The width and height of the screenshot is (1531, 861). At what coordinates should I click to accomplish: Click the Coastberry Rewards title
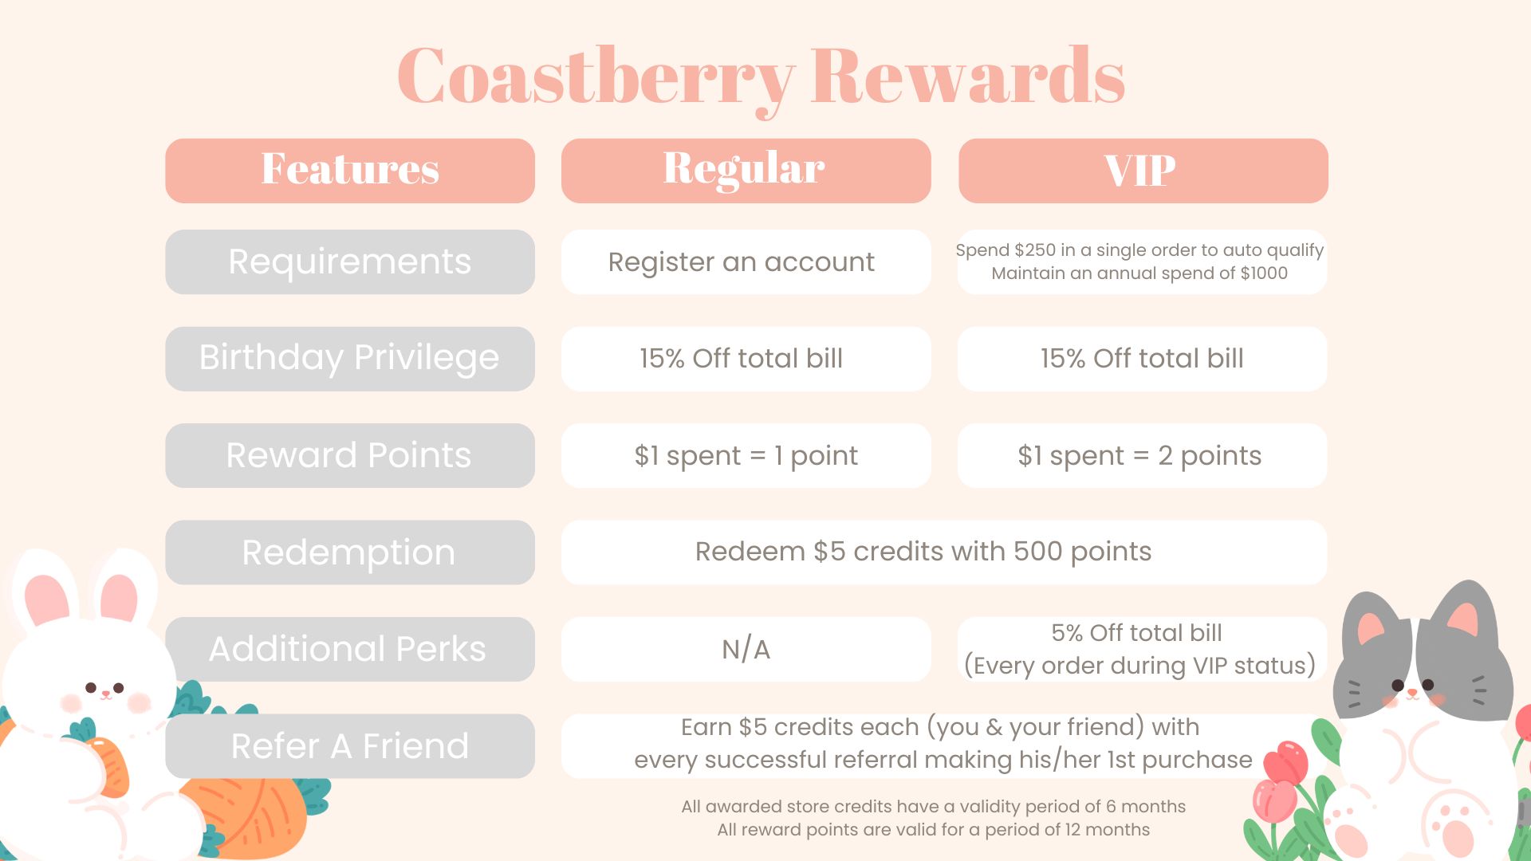(761, 77)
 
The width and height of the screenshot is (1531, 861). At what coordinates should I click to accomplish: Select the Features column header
(350, 171)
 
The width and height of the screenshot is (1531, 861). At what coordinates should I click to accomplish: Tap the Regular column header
(746, 171)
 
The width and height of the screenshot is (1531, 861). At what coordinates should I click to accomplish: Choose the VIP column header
(1143, 171)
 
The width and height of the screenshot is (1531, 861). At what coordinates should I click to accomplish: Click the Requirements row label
(350, 262)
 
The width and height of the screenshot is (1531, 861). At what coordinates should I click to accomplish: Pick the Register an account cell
(746, 262)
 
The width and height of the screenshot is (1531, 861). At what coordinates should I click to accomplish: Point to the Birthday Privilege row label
(350, 359)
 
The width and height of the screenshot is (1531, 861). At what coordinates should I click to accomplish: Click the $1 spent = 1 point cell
(746, 455)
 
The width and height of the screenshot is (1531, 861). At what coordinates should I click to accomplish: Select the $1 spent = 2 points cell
(1142, 455)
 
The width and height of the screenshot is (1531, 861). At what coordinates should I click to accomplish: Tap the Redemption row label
(350, 552)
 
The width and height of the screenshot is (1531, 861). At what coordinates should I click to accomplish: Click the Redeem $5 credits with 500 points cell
(944, 552)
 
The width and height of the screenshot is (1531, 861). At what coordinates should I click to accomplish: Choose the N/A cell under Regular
(746, 649)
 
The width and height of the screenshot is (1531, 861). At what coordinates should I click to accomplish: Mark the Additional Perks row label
(350, 649)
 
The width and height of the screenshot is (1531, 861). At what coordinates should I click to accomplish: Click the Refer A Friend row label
(350, 746)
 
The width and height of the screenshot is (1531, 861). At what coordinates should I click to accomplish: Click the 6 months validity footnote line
(933, 807)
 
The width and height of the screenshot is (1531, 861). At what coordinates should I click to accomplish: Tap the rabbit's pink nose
(105, 694)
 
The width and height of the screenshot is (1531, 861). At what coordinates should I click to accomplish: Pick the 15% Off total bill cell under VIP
(1142, 359)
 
